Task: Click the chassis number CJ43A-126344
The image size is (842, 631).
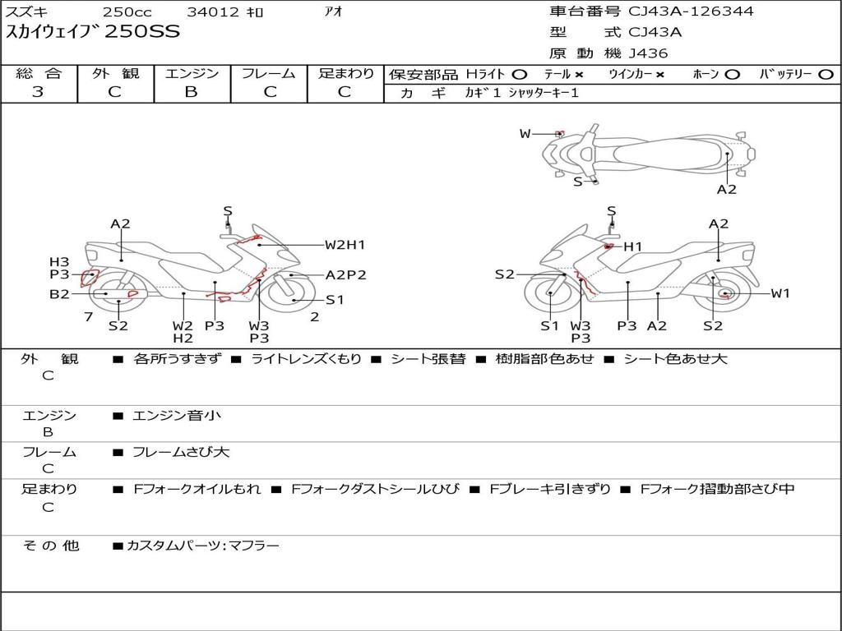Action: [x=691, y=12]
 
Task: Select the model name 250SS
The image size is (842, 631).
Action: [x=142, y=32]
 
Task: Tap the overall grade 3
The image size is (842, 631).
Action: [x=38, y=92]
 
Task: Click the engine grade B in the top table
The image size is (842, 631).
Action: [x=191, y=92]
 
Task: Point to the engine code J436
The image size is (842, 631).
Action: [x=648, y=53]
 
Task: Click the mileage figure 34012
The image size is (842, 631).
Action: [x=213, y=12]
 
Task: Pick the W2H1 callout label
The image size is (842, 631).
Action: [x=345, y=245]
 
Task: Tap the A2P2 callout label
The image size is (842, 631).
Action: [x=346, y=275]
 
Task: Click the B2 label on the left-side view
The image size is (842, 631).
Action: [x=59, y=293]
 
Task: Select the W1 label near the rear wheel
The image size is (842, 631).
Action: [x=780, y=293]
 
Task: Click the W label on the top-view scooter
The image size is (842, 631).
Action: [x=525, y=134]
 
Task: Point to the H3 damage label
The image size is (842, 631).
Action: [x=59, y=262]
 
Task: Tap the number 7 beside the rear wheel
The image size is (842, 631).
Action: [x=89, y=317]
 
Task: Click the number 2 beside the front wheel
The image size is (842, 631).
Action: [x=315, y=317]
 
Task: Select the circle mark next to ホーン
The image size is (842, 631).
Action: [x=732, y=75]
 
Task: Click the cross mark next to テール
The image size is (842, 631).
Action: [x=578, y=75]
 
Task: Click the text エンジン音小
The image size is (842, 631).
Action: [x=176, y=415]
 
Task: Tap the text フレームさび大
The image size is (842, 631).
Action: [x=181, y=453]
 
